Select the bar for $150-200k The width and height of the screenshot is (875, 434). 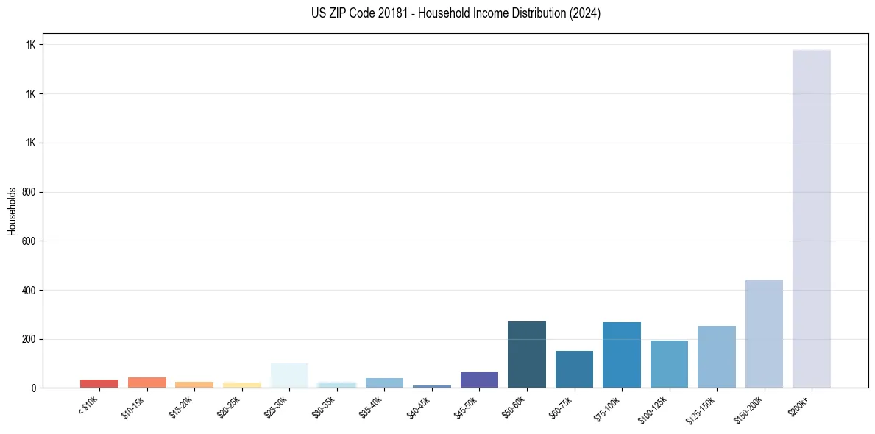tap(764, 334)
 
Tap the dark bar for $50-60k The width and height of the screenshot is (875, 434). tap(526, 355)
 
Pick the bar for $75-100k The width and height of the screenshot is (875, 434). tap(621, 355)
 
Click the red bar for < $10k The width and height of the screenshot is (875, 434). tap(99, 383)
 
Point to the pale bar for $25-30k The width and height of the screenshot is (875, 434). tap(289, 375)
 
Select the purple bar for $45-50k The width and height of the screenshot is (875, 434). tap(479, 380)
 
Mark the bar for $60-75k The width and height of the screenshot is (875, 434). tap(574, 369)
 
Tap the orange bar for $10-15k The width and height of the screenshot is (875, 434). tap(146, 383)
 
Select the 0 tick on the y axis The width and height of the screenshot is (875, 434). tap(34, 388)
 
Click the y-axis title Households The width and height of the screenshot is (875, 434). tap(13, 211)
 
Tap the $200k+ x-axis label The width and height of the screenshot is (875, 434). tap(798, 407)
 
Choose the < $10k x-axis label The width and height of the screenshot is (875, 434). tap(88, 407)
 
